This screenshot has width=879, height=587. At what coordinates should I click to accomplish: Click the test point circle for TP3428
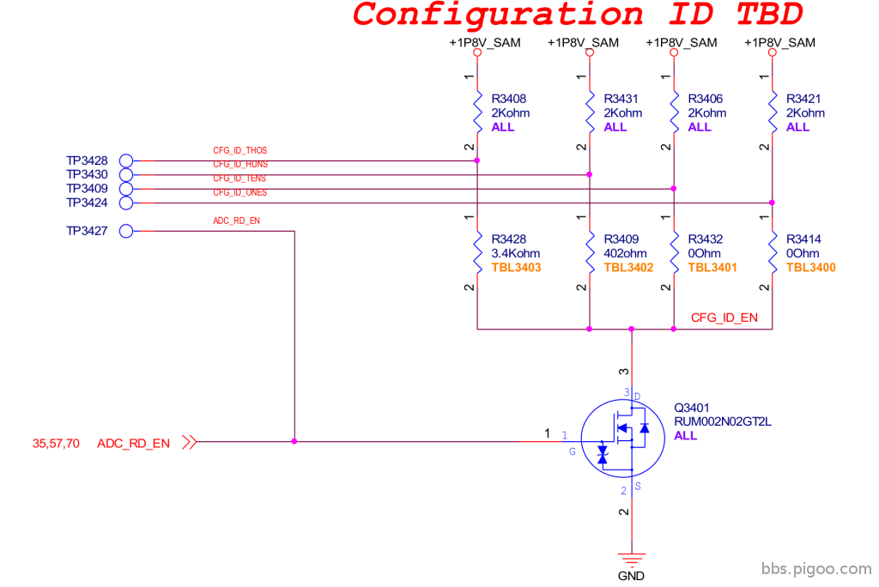pos(126,160)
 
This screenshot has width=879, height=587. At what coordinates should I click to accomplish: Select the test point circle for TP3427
pos(126,231)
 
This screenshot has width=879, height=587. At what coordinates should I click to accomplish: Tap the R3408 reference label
pos(508,99)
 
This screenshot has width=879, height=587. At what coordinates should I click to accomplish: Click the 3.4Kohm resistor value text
pos(515,253)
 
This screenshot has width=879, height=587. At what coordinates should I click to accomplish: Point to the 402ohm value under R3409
pos(625,253)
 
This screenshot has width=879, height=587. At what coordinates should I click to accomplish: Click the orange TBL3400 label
pos(810,268)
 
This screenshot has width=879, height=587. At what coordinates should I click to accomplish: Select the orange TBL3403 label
pos(516,268)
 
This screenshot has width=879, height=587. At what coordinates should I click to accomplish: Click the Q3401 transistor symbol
pos(623,439)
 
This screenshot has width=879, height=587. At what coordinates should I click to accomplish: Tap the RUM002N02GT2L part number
pos(722,421)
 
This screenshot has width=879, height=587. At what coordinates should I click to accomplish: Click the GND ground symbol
pos(632,559)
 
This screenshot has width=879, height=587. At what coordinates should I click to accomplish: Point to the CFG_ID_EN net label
pos(724,318)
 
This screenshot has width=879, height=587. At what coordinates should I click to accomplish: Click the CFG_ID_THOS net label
pos(240,150)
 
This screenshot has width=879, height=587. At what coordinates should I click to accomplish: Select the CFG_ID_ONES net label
pos(240,192)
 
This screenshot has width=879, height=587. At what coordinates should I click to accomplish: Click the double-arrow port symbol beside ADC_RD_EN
pos(190,442)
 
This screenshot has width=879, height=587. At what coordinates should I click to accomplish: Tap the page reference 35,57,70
pos(56,444)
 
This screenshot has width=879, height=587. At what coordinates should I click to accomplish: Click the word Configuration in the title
pos(498,15)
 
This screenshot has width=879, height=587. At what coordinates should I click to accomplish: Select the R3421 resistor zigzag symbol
pos(773,112)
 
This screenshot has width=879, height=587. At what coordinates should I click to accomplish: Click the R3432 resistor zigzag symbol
pos(674,252)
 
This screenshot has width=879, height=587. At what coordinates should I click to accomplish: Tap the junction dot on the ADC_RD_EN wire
pos(294,442)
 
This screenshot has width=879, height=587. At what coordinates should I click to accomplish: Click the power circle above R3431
pos(589,52)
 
